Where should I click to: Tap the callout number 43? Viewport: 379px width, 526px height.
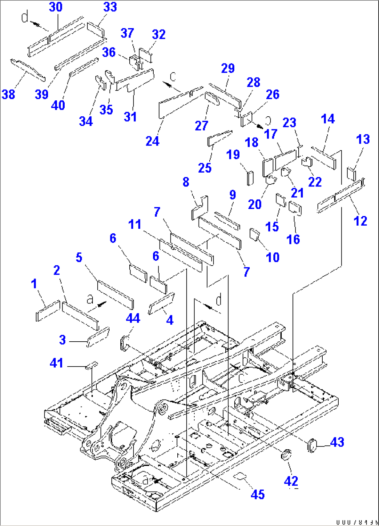coord(337,442)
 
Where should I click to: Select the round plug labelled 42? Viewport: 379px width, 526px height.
coord(286,454)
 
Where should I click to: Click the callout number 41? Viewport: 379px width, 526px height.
coord(56,363)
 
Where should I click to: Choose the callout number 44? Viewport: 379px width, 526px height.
coord(133,318)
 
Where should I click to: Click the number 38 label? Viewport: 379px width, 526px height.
coord(8,94)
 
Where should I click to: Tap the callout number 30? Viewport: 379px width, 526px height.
coord(56,7)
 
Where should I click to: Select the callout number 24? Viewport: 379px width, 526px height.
coord(152,141)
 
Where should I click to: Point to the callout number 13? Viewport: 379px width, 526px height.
coord(363,139)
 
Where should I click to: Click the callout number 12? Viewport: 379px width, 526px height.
coord(360,221)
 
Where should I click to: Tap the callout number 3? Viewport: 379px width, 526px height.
coord(62,340)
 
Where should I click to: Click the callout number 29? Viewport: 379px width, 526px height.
coord(228,68)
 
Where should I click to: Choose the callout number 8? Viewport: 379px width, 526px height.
coord(186,182)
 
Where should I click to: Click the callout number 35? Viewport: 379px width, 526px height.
coord(106,109)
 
